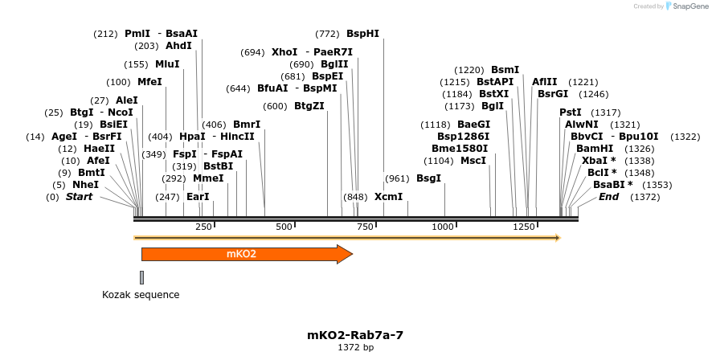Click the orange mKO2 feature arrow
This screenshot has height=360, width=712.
(x=241, y=255)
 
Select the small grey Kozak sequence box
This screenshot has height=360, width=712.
(x=142, y=277)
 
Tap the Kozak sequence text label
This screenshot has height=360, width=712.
(x=141, y=295)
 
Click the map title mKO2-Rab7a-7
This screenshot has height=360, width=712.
(x=355, y=335)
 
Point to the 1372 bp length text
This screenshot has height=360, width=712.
(x=355, y=348)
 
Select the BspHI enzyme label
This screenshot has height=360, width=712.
(x=362, y=34)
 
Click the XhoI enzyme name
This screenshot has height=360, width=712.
(x=284, y=52)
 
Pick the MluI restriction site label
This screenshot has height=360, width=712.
(x=167, y=64)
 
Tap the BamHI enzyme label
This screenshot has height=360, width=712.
(x=595, y=149)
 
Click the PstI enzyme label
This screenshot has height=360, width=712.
(x=571, y=112)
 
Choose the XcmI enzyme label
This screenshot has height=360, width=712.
(x=389, y=197)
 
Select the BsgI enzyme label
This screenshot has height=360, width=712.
(x=428, y=178)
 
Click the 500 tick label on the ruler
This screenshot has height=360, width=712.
(x=284, y=227)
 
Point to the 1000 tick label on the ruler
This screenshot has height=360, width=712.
(x=444, y=227)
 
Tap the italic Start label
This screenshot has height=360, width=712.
(x=79, y=197)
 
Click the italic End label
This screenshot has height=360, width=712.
(x=608, y=197)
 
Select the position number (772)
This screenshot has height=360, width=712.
(x=327, y=34)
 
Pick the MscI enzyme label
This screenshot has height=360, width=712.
(x=473, y=161)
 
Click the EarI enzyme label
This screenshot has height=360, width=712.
(x=198, y=197)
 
